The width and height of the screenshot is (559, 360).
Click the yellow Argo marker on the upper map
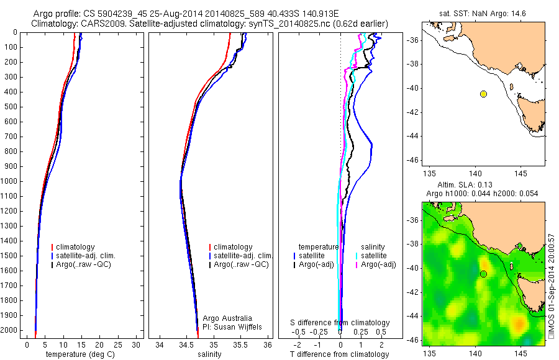click(x=483, y=94)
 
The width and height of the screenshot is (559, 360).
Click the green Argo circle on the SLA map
click(x=483, y=274)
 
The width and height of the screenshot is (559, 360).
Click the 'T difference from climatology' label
click(x=340, y=354)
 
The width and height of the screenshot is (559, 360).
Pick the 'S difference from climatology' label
click(x=340, y=323)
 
